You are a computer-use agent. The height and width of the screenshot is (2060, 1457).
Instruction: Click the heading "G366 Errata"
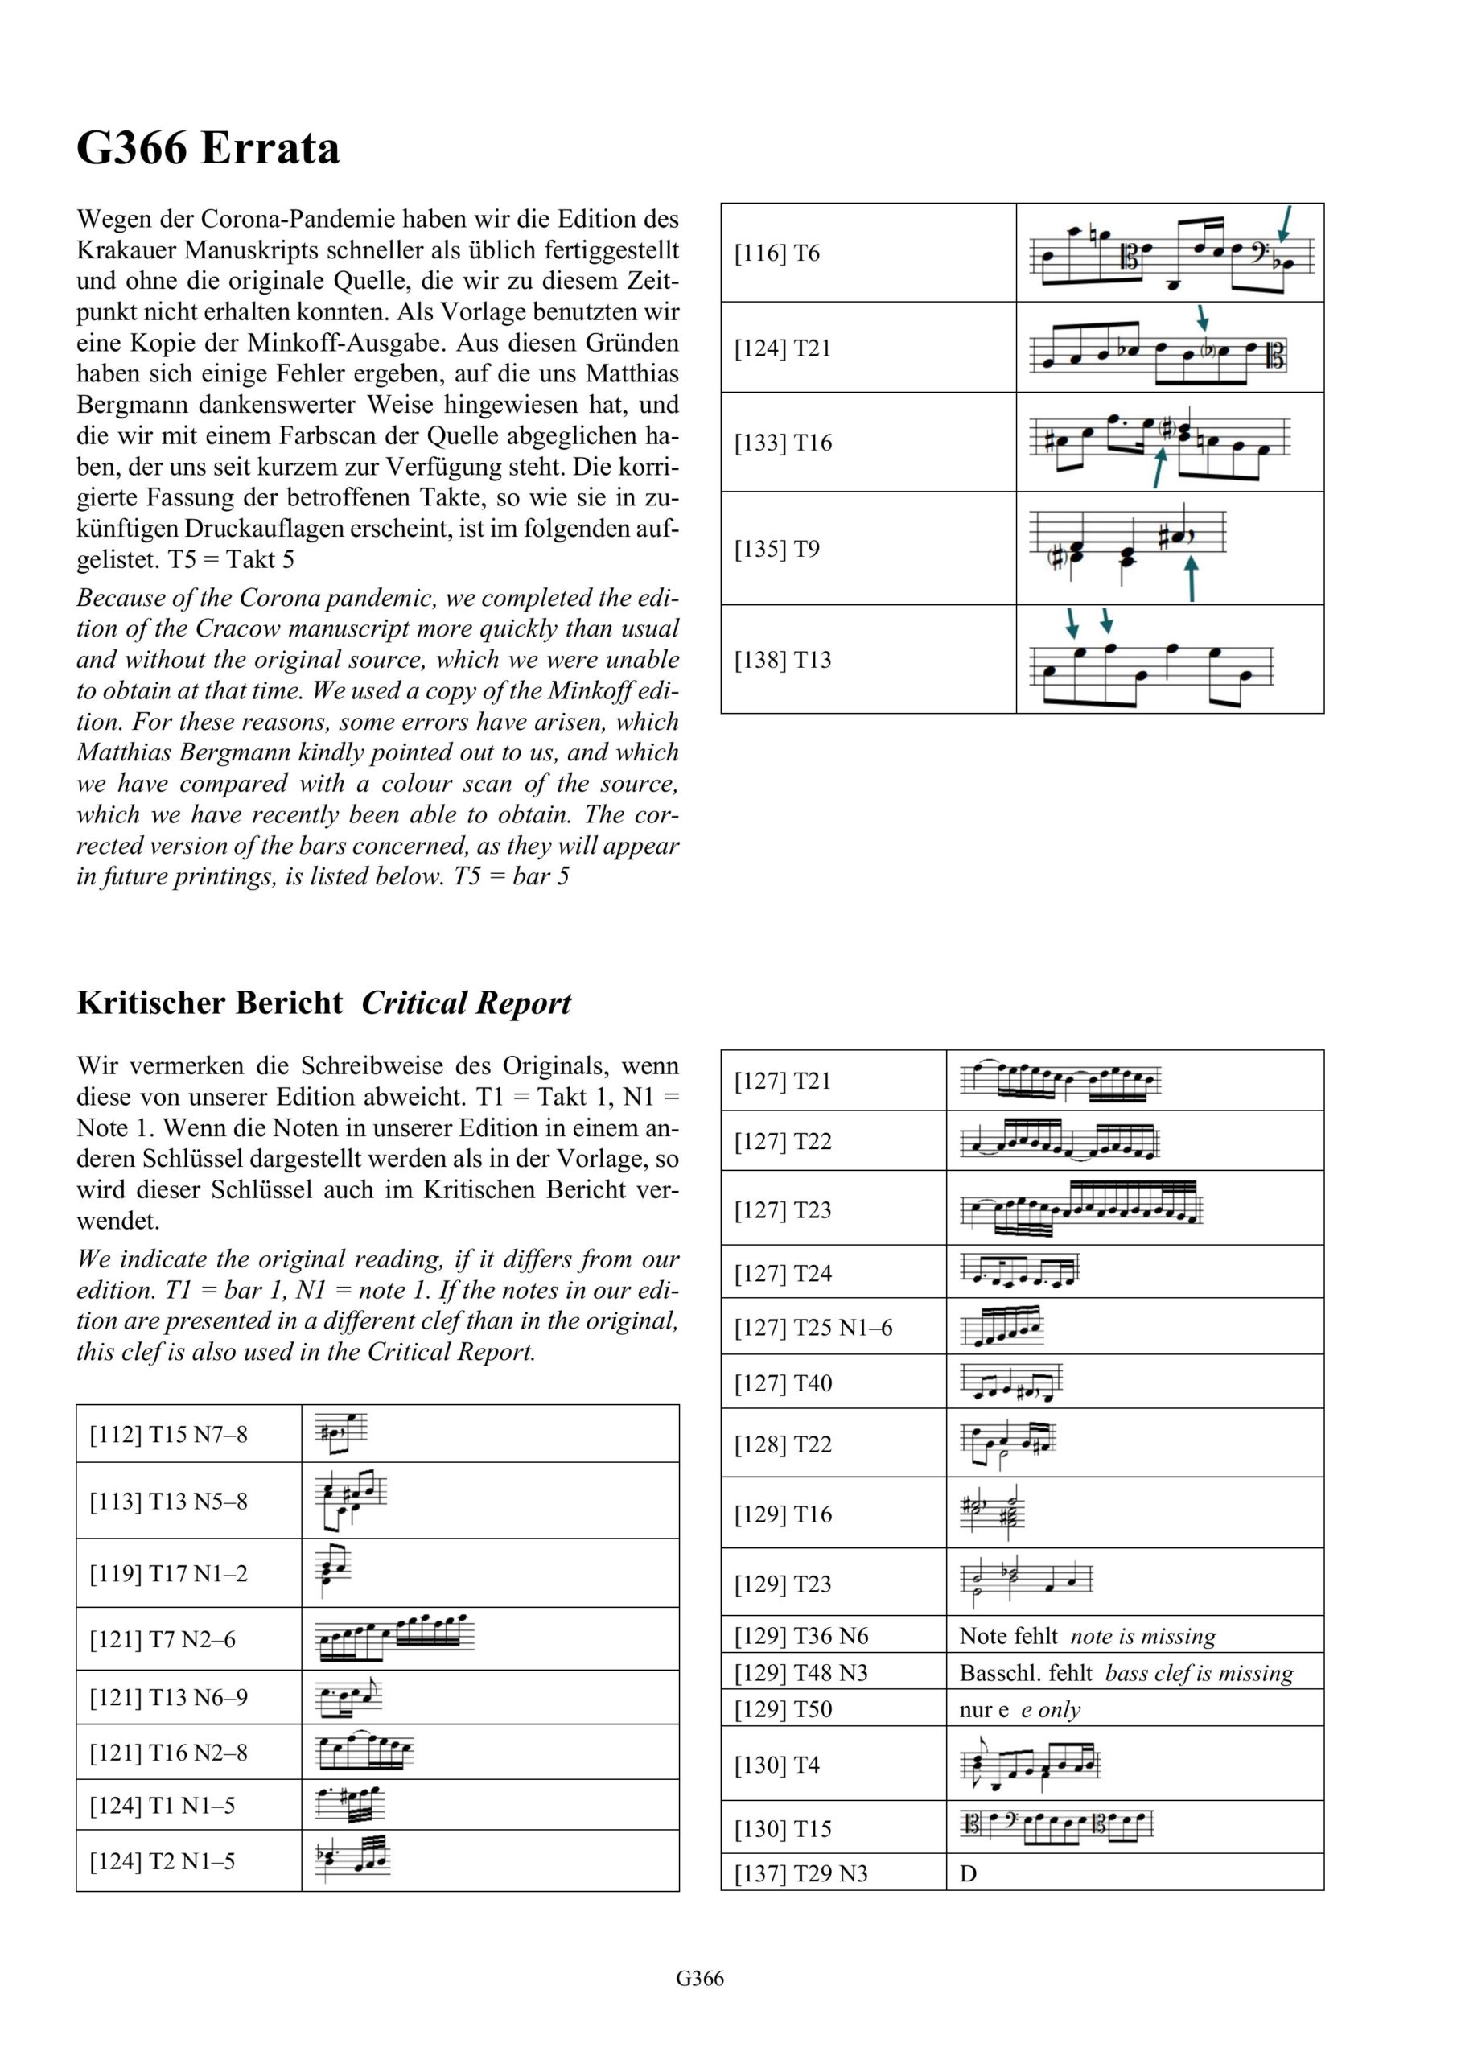coord(208,148)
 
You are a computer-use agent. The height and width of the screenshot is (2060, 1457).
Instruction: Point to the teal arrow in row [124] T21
coord(1203,317)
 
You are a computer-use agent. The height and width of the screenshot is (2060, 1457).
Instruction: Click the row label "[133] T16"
coord(784,443)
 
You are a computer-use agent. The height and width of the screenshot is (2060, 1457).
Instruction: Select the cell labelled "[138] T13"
coord(784,661)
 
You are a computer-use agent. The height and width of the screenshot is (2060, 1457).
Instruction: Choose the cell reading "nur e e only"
coord(1020,1709)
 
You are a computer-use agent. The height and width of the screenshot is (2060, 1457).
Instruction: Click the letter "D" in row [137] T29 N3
coord(968,1874)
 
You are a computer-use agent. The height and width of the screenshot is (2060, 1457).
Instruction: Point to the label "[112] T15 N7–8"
coord(168,1434)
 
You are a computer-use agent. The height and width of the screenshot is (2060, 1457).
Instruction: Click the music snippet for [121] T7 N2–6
coord(396,1638)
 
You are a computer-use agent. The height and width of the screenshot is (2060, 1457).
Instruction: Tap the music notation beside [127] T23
coord(1080,1209)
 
